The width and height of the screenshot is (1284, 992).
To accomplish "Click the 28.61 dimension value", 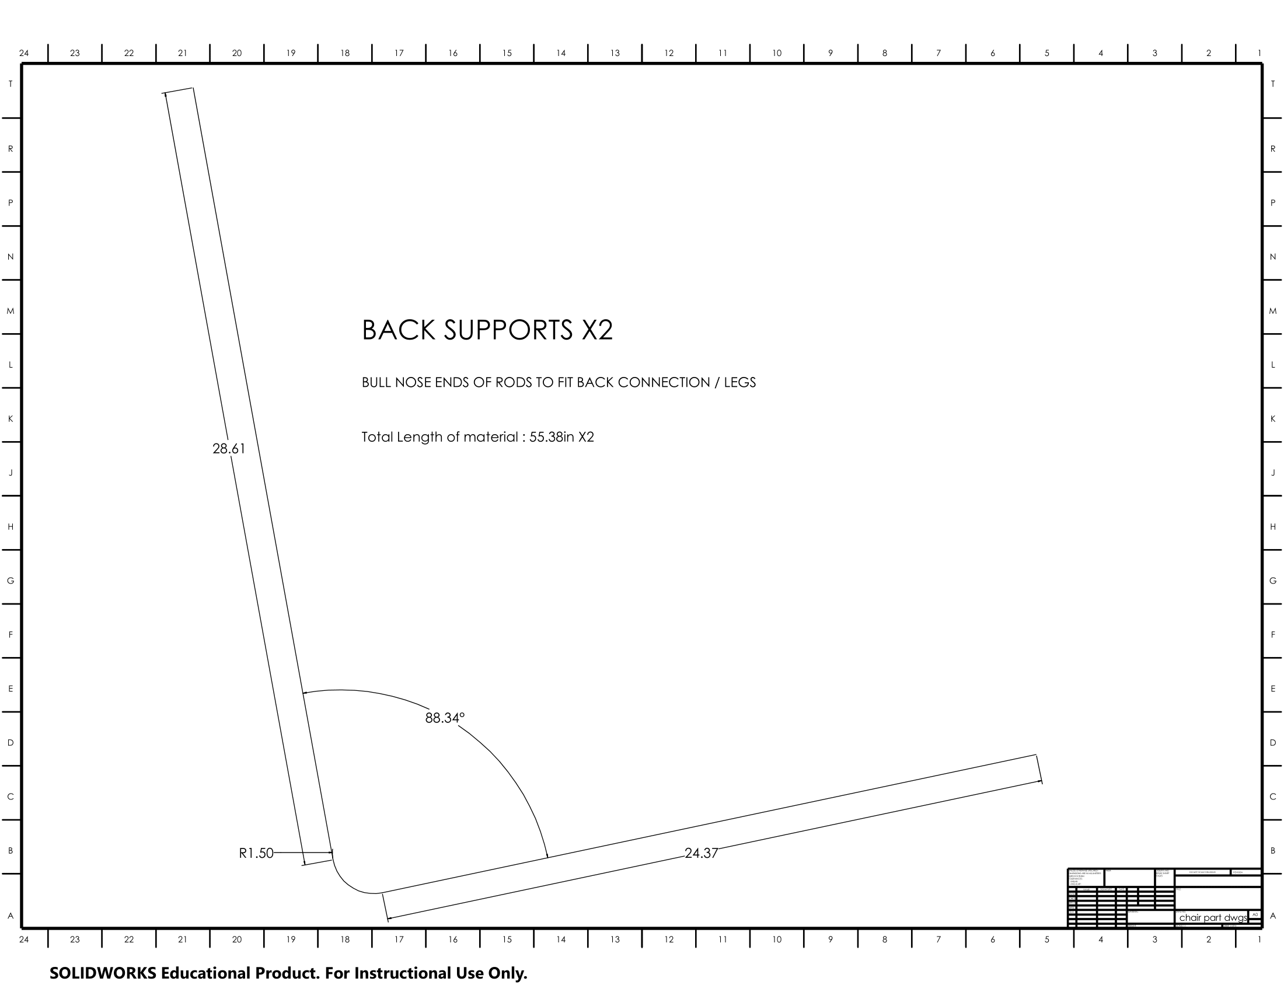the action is tap(229, 449).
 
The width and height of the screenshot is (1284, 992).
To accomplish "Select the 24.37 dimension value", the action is tap(701, 853).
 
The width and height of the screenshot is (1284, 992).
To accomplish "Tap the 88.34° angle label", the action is tap(445, 718).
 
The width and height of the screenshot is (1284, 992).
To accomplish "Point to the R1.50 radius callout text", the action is tap(256, 853).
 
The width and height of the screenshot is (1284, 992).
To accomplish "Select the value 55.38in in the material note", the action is tap(552, 437).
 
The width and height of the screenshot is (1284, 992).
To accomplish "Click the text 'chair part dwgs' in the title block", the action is tap(1213, 917).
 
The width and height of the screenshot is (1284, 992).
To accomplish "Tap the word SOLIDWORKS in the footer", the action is tap(103, 973).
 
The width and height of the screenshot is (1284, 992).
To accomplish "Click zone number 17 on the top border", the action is tap(399, 53).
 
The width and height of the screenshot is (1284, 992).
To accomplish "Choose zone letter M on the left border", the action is tap(10, 311).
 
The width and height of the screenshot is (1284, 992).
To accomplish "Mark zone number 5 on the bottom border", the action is tap(1046, 939).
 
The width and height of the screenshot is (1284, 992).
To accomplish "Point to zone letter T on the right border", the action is tap(1273, 84).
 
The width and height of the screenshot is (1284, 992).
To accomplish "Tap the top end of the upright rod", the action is tap(179, 90).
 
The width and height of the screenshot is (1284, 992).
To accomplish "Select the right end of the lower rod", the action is tap(1039, 769).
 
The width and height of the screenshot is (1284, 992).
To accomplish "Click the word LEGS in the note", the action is tap(739, 383).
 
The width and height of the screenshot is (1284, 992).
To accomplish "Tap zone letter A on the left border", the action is tap(10, 916).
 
